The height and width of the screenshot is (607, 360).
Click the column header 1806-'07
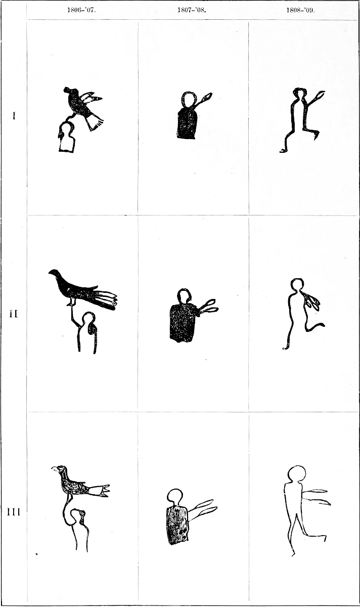click(82, 11)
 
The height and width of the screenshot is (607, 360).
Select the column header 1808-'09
click(301, 11)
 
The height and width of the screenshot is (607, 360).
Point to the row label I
click(14, 116)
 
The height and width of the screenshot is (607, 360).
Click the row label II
click(14, 314)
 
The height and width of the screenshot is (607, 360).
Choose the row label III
click(14, 512)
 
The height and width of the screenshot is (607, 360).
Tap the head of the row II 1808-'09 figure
click(297, 284)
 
